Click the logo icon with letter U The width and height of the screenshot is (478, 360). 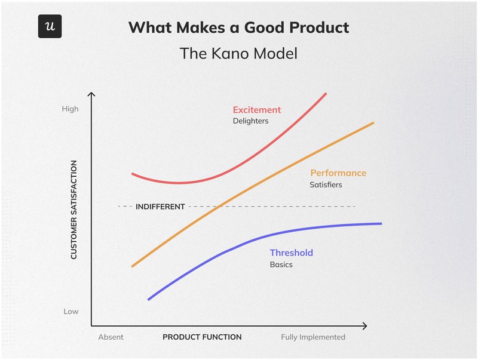50,27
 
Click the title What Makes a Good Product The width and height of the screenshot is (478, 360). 239,27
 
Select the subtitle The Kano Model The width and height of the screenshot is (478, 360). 239,54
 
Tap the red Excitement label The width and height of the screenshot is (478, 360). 256,110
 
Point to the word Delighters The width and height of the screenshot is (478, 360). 250,121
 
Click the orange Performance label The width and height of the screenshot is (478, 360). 338,173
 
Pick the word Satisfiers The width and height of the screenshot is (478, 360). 326,185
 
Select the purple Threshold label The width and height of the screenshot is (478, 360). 291,253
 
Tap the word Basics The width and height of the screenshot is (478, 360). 281,264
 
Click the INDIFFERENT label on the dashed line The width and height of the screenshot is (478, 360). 160,207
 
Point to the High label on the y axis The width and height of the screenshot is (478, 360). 70,109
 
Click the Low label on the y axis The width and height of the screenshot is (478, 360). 71,312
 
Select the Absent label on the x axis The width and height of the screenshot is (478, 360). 111,337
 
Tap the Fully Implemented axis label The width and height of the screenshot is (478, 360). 313,337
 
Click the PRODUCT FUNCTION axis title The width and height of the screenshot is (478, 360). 202,337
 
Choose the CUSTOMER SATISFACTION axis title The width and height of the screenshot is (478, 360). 74,210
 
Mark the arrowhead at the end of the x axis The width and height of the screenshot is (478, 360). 364,326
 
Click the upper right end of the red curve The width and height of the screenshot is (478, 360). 326,94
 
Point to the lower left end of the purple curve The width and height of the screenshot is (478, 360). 149,299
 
